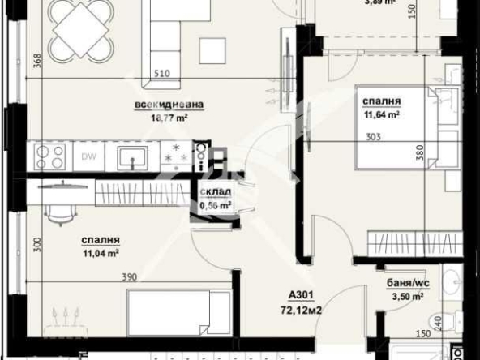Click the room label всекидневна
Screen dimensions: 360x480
[169, 105]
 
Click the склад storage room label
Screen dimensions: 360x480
[216, 192]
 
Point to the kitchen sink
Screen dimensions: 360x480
[130, 156]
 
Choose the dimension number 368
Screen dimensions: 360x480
[37, 61]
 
